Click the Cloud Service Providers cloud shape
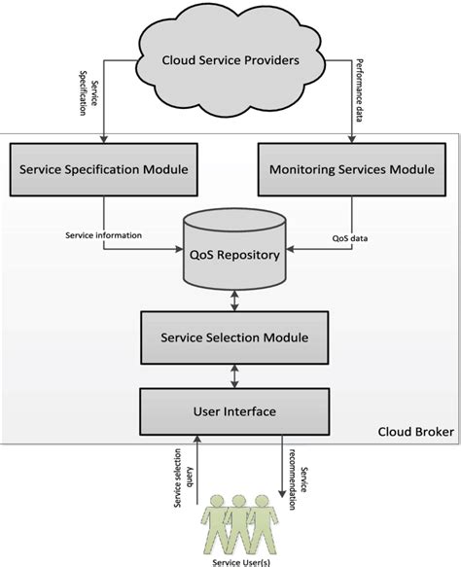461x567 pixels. pyautogui.click(x=231, y=60)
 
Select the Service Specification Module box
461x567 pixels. pyautogui.click(x=104, y=169)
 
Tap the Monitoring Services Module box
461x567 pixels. pyautogui.click(x=352, y=169)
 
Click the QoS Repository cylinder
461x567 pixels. pyautogui.click(x=234, y=249)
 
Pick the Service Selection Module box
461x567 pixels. pyautogui.click(x=234, y=337)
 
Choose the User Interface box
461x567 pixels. pyautogui.click(x=234, y=411)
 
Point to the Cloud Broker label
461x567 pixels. pyautogui.click(x=416, y=432)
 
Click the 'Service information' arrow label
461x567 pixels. pyautogui.click(x=104, y=235)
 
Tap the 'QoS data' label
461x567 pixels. pyautogui.click(x=350, y=238)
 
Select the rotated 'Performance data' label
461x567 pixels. pyautogui.click(x=360, y=90)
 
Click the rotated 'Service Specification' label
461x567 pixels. pyautogui.click(x=89, y=93)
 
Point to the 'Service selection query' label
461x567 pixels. pyautogui.click(x=183, y=478)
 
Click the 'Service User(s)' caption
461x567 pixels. pyautogui.click(x=241, y=562)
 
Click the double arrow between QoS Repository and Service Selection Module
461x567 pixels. pyautogui.click(x=234, y=301)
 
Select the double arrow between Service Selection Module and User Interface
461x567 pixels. pyautogui.click(x=234, y=376)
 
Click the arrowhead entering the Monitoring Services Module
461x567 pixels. pyautogui.click(x=352, y=139)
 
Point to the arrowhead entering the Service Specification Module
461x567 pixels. pyautogui.click(x=104, y=139)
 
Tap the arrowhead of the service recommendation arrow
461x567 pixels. pyautogui.click(x=282, y=494)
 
